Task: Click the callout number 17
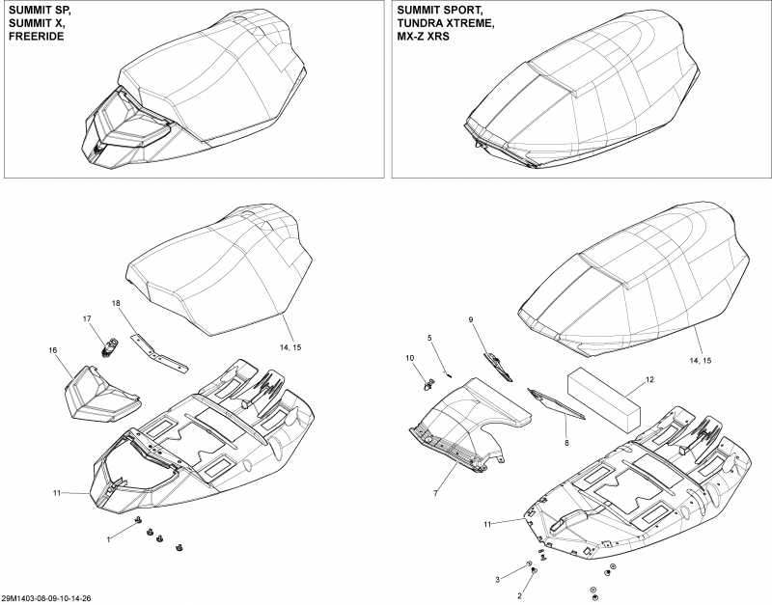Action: click(86, 318)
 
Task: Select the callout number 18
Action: click(116, 304)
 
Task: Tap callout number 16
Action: click(54, 350)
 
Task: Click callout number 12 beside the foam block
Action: click(648, 380)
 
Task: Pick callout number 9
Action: click(471, 319)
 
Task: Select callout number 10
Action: click(409, 358)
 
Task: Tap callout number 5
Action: click(431, 338)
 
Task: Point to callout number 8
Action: click(566, 442)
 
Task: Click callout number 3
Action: click(497, 579)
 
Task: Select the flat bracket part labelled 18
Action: click(159, 353)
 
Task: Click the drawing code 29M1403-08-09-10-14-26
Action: click(52, 598)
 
